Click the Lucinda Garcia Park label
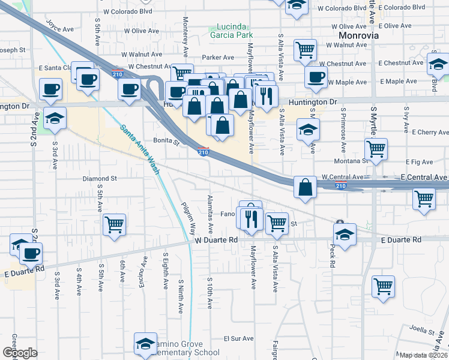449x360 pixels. (x=231, y=32)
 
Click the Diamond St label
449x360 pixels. (x=100, y=179)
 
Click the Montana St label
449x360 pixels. (x=356, y=161)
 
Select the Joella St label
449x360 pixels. (x=423, y=331)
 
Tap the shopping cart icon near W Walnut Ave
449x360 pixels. (x=306, y=50)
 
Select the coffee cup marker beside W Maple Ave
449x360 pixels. (x=316, y=77)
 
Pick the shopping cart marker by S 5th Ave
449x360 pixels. (x=114, y=225)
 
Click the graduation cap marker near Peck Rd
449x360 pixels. (x=345, y=235)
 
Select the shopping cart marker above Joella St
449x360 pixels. (x=384, y=287)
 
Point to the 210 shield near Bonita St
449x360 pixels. (x=203, y=152)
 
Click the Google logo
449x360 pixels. (x=20, y=353)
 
